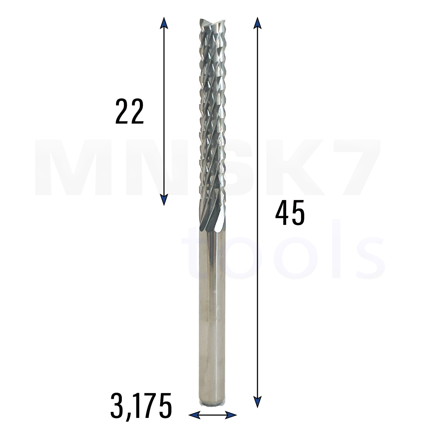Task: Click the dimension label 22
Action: click(x=130, y=111)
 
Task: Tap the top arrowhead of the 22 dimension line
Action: click(x=164, y=23)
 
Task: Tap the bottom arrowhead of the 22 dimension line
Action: click(x=164, y=200)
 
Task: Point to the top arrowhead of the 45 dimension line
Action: click(x=257, y=23)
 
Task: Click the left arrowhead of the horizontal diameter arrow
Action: click(x=194, y=415)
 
